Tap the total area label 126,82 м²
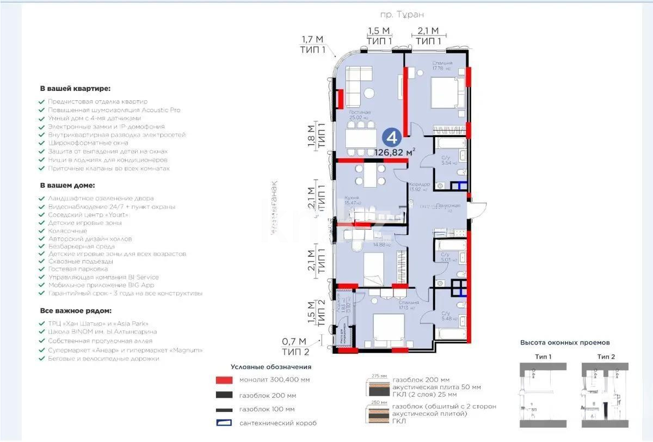395,152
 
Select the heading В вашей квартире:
75,88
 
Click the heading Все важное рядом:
76,311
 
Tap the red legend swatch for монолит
224,380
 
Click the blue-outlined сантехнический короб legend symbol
224,423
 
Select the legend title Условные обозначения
271,367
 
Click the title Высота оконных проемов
565,343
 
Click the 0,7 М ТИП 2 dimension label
295,345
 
